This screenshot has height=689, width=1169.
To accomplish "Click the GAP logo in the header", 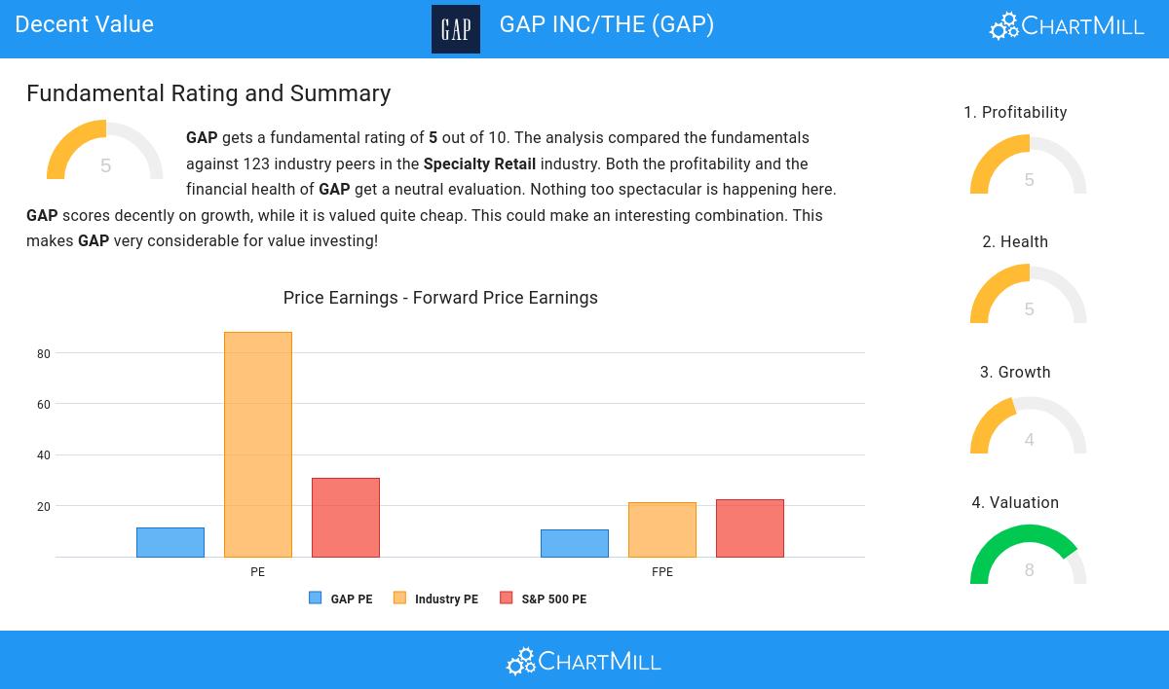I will click(x=455, y=29).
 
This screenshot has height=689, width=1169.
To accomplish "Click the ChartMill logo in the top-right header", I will click(x=1067, y=25).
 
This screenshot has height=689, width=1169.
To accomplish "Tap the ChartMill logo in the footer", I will click(x=584, y=662).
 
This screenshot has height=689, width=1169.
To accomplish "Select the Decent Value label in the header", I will click(x=85, y=24).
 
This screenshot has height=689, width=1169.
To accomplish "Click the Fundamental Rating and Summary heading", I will click(x=208, y=93).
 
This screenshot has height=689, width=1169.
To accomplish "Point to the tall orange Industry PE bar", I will click(x=258, y=445).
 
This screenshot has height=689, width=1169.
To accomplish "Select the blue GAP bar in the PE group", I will click(x=170, y=542).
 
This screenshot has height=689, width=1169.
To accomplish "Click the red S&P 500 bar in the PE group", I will click(x=346, y=518).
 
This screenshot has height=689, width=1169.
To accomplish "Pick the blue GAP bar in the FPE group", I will click(x=575, y=543).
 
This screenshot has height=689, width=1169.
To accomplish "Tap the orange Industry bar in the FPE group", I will click(x=662, y=529).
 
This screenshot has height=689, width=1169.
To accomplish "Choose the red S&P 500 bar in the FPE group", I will click(x=750, y=528).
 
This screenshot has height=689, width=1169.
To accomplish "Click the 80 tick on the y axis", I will click(x=44, y=354).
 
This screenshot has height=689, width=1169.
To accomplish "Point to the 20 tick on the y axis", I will click(x=44, y=507).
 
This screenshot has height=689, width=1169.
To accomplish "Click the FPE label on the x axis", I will click(x=662, y=572).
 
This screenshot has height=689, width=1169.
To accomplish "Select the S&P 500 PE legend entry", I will click(x=545, y=599).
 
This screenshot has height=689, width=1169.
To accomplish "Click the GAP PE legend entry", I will click(x=342, y=599).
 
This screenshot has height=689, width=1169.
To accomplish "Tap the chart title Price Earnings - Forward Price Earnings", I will click(x=440, y=298).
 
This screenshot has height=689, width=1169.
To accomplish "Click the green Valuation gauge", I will click(x=1028, y=553).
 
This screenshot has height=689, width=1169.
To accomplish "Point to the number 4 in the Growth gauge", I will click(x=1029, y=440).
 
